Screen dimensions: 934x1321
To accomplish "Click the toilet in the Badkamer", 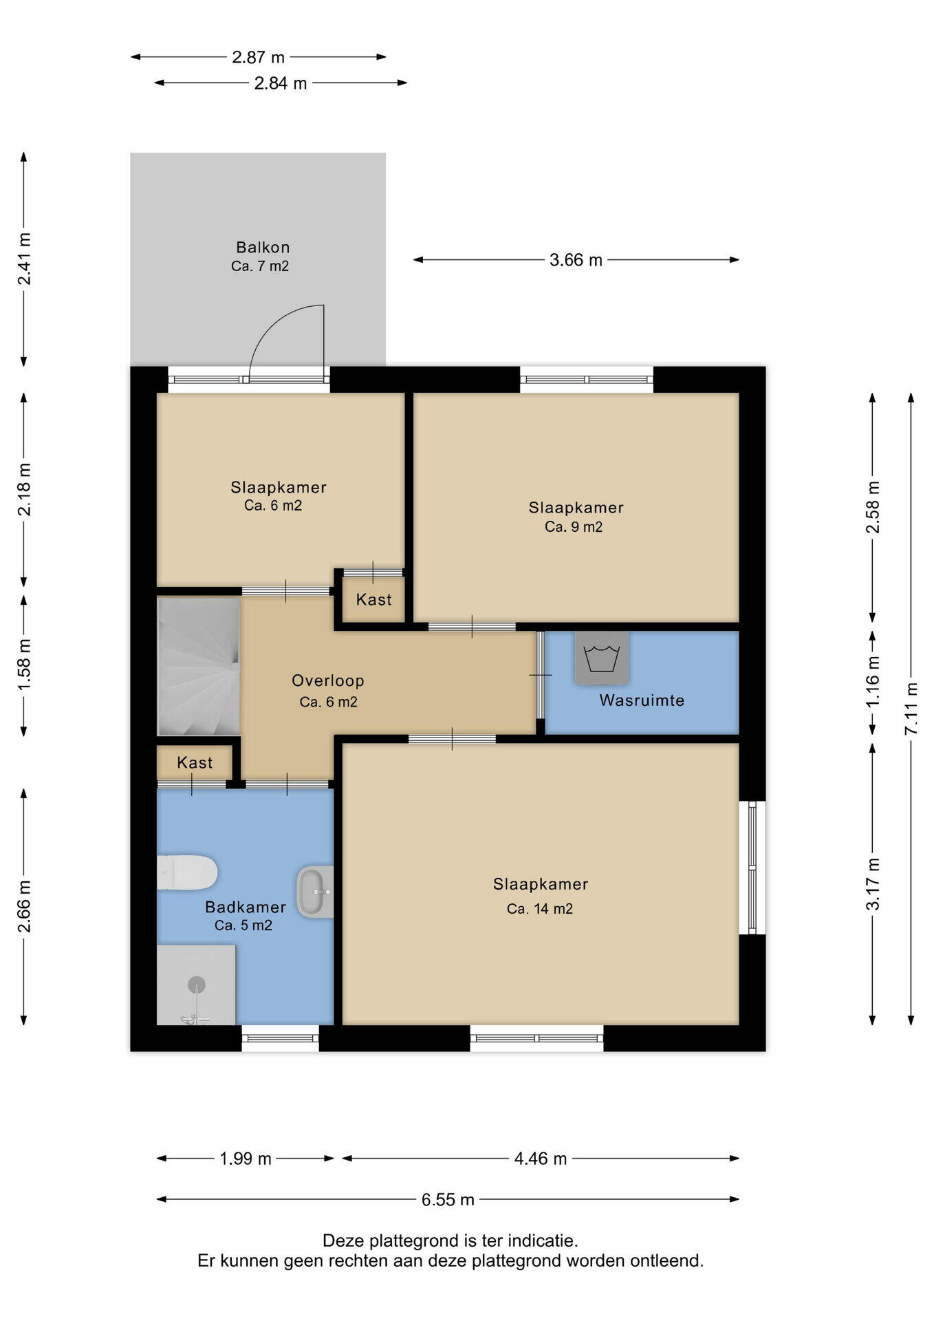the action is (187, 872).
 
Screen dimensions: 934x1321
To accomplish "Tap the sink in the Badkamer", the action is (316, 892).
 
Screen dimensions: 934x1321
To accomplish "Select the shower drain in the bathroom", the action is (197, 985).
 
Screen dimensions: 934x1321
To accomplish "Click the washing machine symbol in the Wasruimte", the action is (602, 658).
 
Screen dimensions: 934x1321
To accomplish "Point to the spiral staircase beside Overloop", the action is (199, 666).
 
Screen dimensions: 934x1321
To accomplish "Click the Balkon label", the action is (263, 247).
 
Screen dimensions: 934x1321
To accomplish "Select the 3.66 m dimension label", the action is (576, 260).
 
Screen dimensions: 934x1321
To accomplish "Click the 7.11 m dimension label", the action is (911, 708).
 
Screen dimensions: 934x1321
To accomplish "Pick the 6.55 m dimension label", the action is (448, 1200).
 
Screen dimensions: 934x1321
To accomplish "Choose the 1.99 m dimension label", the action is (246, 1159).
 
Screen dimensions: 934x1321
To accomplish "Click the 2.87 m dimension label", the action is (258, 57).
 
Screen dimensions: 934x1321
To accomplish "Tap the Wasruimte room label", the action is (642, 700).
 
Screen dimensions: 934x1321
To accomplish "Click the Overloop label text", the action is (328, 680).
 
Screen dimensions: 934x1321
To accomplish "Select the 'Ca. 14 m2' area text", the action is (540, 909).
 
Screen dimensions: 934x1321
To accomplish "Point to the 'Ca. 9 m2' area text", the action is (574, 527).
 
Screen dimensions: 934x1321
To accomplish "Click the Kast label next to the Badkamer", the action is (195, 762).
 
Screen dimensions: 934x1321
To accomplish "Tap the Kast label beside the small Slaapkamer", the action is (374, 599).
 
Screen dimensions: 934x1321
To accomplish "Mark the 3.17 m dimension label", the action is (873, 884).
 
